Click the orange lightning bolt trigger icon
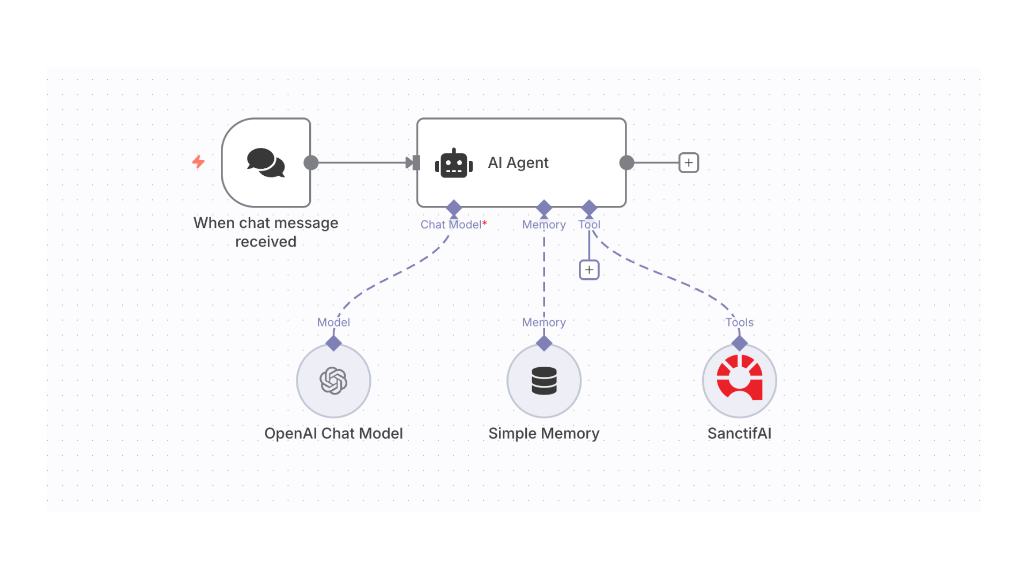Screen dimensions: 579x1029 tap(198, 161)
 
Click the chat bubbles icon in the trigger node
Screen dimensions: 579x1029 tap(266, 162)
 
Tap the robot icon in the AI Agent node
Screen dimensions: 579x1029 tap(454, 164)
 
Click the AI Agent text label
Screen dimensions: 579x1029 tap(518, 162)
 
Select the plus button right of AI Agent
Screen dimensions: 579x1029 tap(689, 162)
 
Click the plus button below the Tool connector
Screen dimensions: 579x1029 tap(589, 270)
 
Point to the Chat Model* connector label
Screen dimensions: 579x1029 tap(453, 225)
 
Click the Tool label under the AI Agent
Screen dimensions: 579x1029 tap(589, 225)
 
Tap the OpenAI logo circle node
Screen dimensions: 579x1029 tap(333, 381)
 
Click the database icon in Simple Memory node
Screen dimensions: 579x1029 tap(544, 381)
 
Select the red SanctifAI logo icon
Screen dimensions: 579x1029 tap(740, 378)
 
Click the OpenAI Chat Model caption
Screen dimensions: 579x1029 tap(333, 433)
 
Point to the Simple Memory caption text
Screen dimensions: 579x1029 tap(544, 433)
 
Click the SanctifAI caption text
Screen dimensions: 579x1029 tap(739, 433)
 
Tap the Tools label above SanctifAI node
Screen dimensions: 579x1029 tap(739, 322)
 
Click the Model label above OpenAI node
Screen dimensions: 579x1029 tap(333, 322)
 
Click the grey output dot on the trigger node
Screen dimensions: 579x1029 tap(311, 162)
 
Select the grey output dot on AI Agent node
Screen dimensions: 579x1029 tap(627, 162)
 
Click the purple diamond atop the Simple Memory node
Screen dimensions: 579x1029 tap(544, 343)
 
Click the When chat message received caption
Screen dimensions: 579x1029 tap(266, 232)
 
